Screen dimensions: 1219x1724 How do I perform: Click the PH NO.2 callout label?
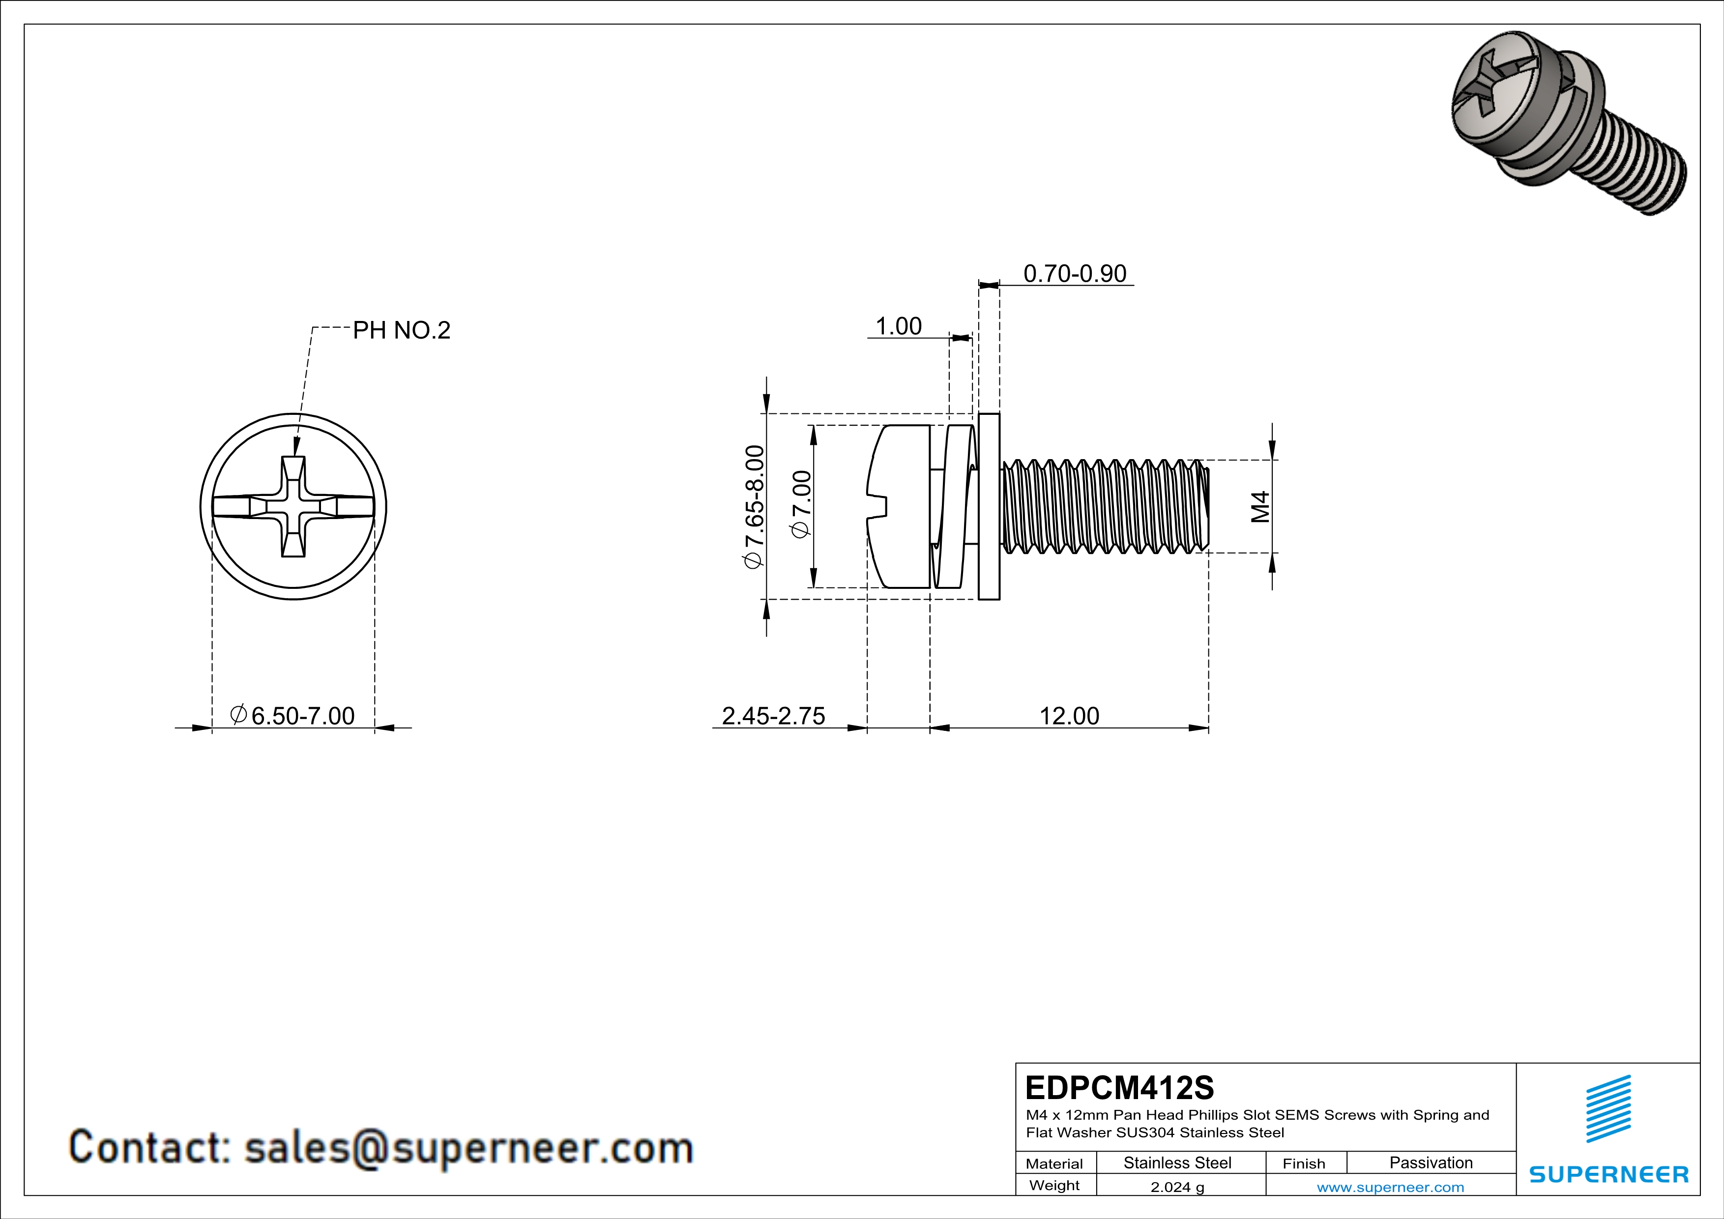pyautogui.click(x=402, y=330)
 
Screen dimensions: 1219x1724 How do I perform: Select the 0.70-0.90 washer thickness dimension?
pyautogui.click(x=1075, y=274)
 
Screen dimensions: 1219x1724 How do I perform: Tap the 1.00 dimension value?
pyautogui.click(x=898, y=326)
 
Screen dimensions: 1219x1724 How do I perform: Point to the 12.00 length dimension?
pyautogui.click(x=1069, y=716)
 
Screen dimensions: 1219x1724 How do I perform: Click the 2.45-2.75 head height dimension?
pyautogui.click(x=773, y=716)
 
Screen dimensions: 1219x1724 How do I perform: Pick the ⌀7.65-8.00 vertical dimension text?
pyautogui.click(x=754, y=507)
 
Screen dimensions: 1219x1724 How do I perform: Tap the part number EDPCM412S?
pyautogui.click(x=1119, y=1088)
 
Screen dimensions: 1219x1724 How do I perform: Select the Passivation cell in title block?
pyautogui.click(x=1431, y=1162)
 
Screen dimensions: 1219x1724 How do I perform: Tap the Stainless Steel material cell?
pyautogui.click(x=1177, y=1162)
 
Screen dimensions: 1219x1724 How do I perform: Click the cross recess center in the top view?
pyautogui.click(x=293, y=507)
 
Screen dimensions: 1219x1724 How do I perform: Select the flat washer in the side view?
pyautogui.click(x=989, y=507)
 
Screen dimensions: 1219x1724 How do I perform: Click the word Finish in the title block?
pyautogui.click(x=1304, y=1163)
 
